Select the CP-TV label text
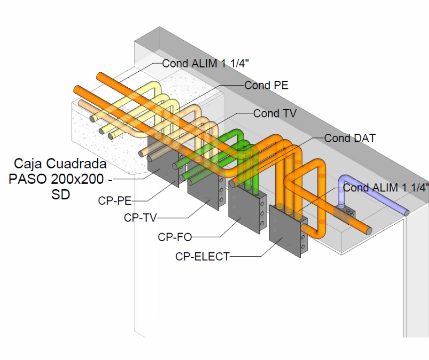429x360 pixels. click(140, 218)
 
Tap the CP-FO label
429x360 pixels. click(175, 237)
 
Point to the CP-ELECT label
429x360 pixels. click(202, 257)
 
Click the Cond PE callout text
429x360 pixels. click(266, 85)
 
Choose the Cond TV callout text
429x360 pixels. click(275, 113)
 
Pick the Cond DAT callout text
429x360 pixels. click(350, 138)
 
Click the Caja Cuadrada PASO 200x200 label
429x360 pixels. click(60, 178)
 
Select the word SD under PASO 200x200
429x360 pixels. click(60, 194)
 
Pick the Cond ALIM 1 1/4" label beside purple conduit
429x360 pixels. click(386, 187)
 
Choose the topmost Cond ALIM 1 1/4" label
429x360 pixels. click(205, 64)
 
